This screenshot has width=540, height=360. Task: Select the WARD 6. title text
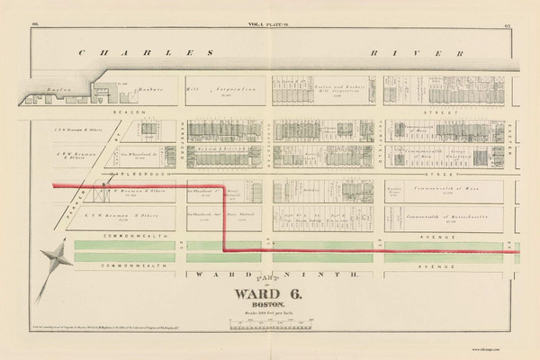pyautogui.click(x=266, y=292)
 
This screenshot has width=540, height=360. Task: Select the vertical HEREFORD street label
pyautogui.click(x=183, y=135)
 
